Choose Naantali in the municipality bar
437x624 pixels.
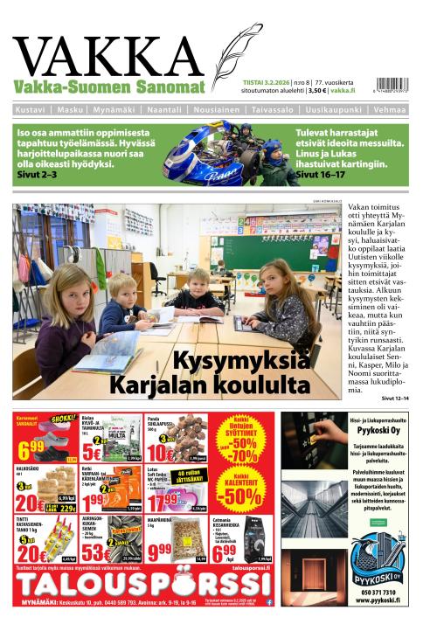(x=164, y=110)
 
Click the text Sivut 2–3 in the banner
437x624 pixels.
(x=36, y=175)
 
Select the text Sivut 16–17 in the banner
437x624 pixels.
(x=321, y=175)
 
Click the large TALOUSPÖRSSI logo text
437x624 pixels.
(x=140, y=584)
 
